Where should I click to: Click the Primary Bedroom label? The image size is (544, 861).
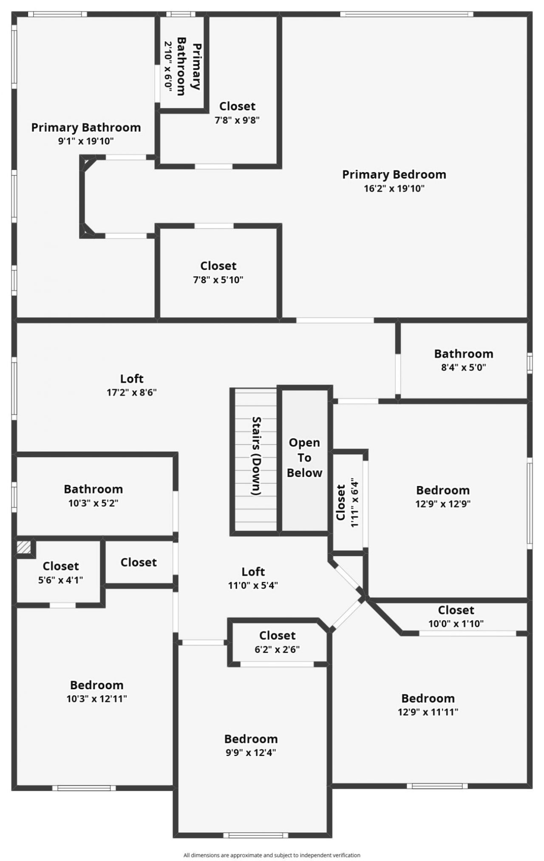click(x=394, y=174)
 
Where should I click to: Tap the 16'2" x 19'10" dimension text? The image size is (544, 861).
click(x=394, y=188)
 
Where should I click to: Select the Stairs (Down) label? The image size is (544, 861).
click(x=256, y=456)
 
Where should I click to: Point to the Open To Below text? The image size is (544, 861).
click(x=304, y=457)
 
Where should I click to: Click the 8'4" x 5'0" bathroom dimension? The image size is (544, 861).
click(x=463, y=367)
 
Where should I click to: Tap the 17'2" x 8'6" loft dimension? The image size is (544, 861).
click(x=132, y=392)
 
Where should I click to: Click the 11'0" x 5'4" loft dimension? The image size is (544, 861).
click(x=253, y=585)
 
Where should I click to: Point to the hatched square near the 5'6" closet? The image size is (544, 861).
click(x=24, y=547)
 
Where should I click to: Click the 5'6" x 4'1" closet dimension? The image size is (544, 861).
click(x=60, y=580)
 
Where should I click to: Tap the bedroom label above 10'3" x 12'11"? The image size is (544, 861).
click(x=96, y=685)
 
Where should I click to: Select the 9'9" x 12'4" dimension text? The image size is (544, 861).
click(x=251, y=752)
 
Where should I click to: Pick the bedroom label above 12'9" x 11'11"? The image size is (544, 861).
click(x=428, y=698)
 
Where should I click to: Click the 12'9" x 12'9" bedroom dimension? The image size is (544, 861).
click(x=443, y=504)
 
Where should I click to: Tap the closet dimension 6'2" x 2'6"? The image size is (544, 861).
click(x=277, y=649)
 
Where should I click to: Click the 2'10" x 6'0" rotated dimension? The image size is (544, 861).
click(x=168, y=65)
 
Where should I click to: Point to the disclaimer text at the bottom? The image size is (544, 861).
click(x=272, y=855)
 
